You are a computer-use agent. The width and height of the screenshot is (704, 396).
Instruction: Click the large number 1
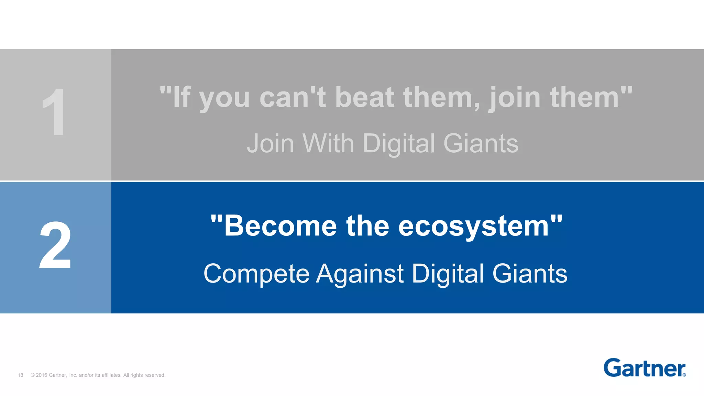pos(54,112)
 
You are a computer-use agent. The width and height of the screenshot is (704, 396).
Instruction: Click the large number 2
pos(55,245)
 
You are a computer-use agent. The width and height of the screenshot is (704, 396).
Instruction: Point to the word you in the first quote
pos(224,99)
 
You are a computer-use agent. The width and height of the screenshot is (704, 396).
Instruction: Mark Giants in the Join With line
pos(481,143)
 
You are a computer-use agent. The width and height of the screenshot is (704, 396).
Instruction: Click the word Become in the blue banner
pos(280,226)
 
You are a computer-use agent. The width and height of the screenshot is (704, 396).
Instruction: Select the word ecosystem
pos(474,227)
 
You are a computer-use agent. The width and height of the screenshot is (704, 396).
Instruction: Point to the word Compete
pos(256,274)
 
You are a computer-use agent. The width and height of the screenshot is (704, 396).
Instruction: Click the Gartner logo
pos(644,368)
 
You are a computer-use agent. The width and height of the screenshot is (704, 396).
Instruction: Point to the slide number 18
pos(21,375)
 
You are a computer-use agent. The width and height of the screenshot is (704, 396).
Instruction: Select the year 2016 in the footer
pos(42,375)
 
